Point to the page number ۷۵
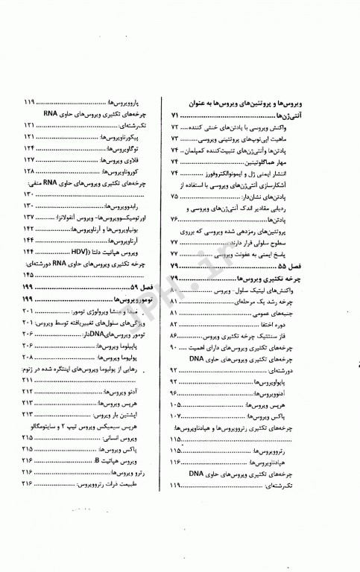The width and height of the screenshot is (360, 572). click(x=174, y=196)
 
